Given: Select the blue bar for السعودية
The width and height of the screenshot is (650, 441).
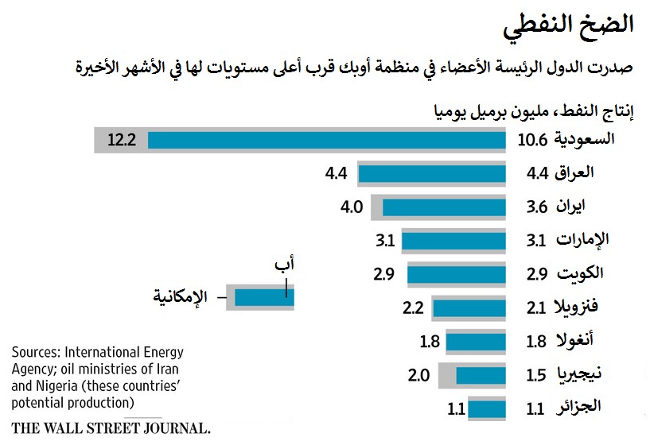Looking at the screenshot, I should coord(326,141).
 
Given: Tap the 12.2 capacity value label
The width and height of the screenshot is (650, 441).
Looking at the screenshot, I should coord(123,141).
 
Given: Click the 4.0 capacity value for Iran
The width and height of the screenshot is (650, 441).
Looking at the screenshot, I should coord(352,207).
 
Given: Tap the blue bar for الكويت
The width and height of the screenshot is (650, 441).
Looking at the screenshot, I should coord(457,274).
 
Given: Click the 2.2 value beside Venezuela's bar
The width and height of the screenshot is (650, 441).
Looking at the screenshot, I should coord(413,308).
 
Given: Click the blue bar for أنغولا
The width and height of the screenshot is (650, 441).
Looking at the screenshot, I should coord(476,342).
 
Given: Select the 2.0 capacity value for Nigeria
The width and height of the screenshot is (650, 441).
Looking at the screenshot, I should coord(419,375).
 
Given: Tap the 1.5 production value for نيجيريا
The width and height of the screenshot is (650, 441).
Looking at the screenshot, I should coord(536,375).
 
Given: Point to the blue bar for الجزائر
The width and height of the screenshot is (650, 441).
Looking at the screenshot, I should coord(487,409).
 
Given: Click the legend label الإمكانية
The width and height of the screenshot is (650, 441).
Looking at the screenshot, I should coord(181,297).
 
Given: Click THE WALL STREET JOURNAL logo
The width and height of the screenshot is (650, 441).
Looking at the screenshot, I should coord(111,427).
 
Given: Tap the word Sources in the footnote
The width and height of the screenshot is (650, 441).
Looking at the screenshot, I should coord(36,352).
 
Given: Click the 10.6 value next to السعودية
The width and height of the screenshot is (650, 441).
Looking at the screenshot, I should coord(532,141).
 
